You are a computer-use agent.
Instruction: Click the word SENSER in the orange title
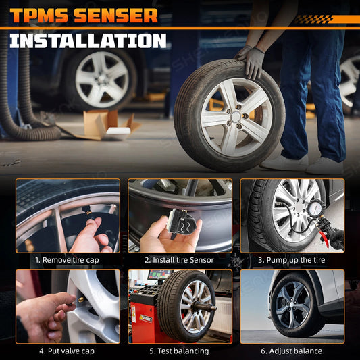[x=115, y=16]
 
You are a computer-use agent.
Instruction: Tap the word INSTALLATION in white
[x=88, y=41]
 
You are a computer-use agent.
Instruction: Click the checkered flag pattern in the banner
[x=313, y=19]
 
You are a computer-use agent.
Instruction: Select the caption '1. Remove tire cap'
[x=67, y=260]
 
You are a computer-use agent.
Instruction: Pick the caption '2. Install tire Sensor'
[x=179, y=260]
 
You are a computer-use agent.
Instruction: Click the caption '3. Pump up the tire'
[x=292, y=260]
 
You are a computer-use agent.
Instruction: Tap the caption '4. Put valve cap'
[x=67, y=351]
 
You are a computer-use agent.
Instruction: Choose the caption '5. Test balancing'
[x=179, y=351]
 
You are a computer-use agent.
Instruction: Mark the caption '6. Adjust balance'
[x=292, y=351]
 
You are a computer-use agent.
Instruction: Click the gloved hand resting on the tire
[x=251, y=61]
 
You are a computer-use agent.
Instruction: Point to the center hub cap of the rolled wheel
[x=236, y=117]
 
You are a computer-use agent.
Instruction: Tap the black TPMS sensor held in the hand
[x=182, y=224]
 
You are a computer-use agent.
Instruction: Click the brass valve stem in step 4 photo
[x=81, y=299]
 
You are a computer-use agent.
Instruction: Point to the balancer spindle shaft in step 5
[x=205, y=307]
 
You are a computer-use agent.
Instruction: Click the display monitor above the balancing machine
[x=159, y=275]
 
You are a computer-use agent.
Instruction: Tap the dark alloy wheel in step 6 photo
[x=293, y=305]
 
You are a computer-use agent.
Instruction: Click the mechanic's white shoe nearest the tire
[x=285, y=163]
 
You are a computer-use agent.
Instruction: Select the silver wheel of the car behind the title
[x=102, y=79]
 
